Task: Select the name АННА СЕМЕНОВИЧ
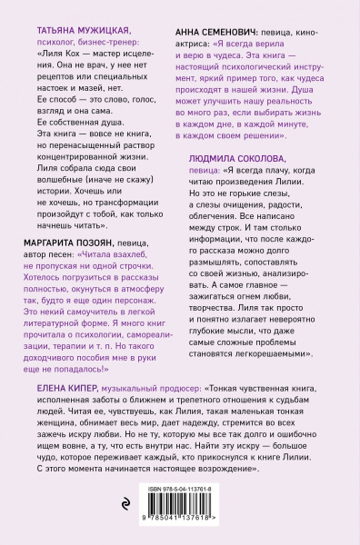(x=216, y=31)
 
